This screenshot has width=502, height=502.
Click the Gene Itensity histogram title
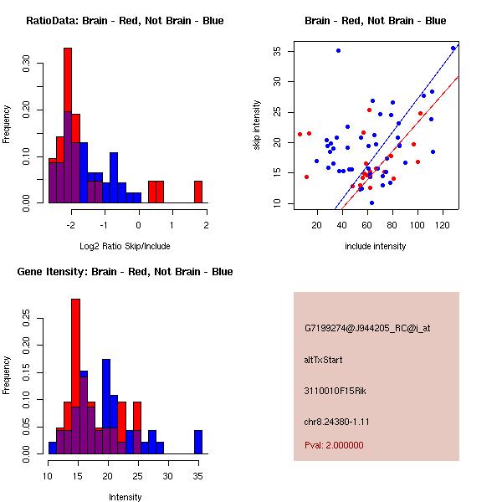125,272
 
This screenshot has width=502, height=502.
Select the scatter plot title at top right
375,21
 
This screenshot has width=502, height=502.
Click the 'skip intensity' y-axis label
258,125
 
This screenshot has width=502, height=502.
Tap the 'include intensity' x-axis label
375,246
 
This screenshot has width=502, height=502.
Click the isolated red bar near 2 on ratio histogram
198,192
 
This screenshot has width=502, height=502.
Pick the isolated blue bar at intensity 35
198,442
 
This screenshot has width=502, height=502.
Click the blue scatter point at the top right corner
453,48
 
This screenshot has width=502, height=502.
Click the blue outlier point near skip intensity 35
338,50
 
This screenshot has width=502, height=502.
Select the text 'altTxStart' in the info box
324,361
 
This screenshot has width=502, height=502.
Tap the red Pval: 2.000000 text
334,445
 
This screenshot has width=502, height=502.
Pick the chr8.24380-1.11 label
337,421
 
